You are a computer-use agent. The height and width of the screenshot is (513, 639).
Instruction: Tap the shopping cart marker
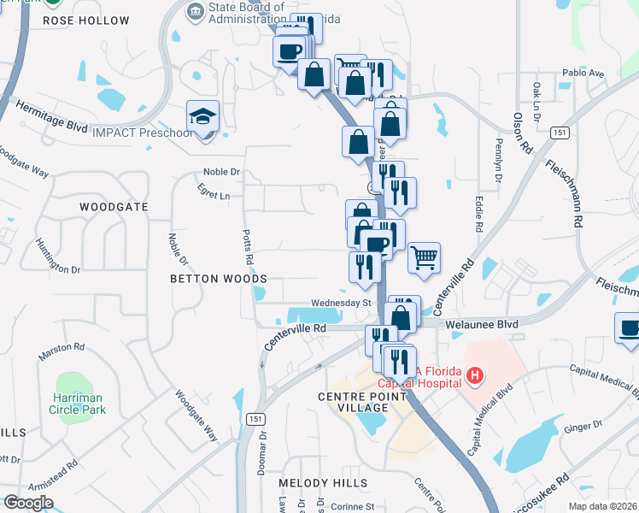coord(424,256)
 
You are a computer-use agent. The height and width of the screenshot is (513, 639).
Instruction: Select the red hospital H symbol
coord(476,374)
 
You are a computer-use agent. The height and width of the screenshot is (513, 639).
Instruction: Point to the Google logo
coord(27,503)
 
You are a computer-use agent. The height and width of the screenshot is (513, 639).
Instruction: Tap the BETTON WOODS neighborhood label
coord(218,279)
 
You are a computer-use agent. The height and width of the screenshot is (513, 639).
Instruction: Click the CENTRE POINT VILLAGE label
coord(353,402)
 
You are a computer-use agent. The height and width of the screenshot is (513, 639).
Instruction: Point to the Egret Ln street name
coord(214,196)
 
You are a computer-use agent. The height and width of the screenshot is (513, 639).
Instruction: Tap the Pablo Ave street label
coord(583,74)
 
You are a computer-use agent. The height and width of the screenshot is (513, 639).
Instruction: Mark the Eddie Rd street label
coord(479,213)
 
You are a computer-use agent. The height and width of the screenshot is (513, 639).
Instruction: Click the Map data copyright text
coord(603,505)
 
